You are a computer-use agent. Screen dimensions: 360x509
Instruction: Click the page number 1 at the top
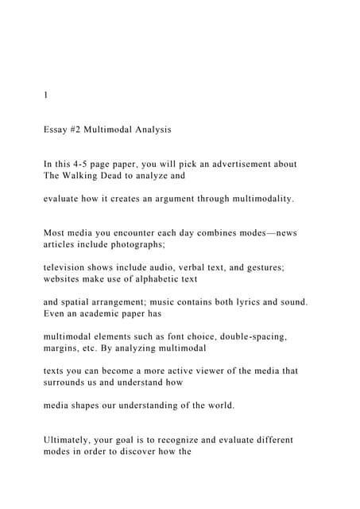[45, 95]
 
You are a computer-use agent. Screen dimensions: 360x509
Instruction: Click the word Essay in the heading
[57, 127]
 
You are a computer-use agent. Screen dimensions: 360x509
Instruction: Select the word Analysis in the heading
[148, 127]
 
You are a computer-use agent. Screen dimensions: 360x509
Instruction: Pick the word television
[70, 269]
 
